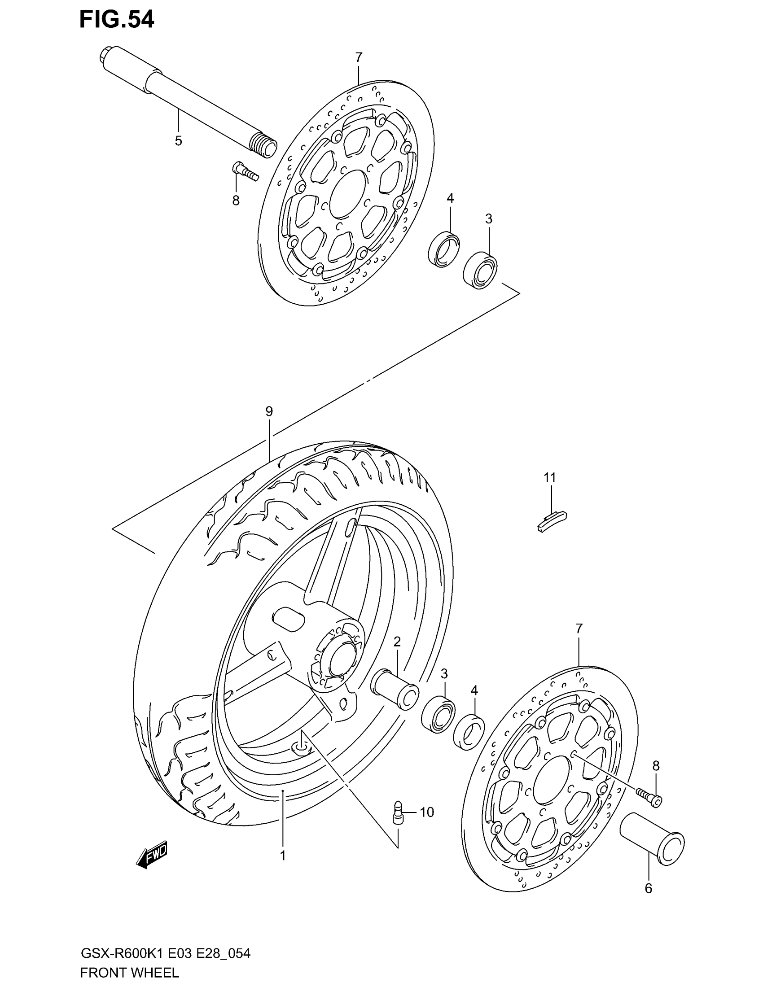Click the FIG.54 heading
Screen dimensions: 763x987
point(117,20)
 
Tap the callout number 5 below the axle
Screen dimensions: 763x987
point(179,141)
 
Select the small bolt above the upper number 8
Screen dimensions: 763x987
point(245,171)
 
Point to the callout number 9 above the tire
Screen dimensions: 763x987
point(269,411)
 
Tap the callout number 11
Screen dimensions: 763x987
point(550,478)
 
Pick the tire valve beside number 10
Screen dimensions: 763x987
point(398,813)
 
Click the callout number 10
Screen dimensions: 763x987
point(426,812)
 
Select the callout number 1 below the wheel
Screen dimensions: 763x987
point(282,856)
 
